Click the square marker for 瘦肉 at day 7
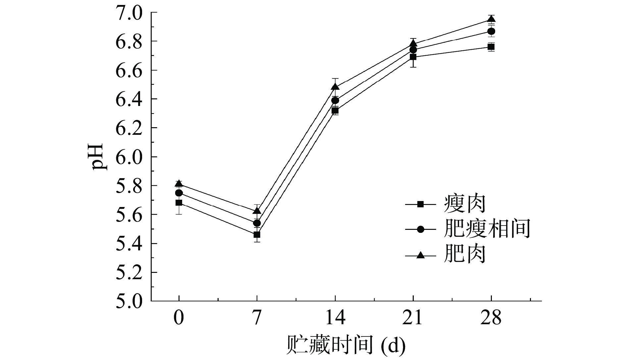257,235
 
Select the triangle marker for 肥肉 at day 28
491,19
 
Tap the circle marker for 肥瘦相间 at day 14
335,100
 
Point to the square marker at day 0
179,203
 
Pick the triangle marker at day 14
335,87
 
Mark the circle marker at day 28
491,31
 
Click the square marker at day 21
413,57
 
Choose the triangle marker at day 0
179,183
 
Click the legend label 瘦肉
465,204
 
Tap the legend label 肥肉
465,254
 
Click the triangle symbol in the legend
420,255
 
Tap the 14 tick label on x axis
335,318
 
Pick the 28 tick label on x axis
491,318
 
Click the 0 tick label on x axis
179,318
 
